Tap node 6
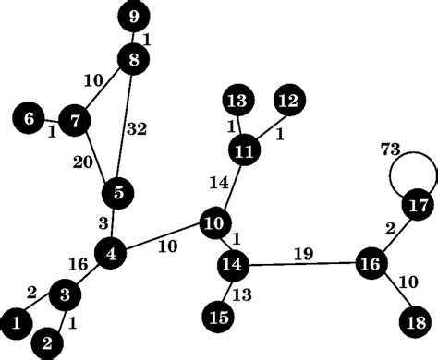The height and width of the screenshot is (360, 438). point(30,118)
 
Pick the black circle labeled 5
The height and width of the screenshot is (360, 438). point(118,193)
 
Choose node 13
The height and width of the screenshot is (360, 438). point(238,100)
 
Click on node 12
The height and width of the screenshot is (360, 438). point(288,100)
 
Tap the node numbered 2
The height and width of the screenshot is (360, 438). point(46,343)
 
